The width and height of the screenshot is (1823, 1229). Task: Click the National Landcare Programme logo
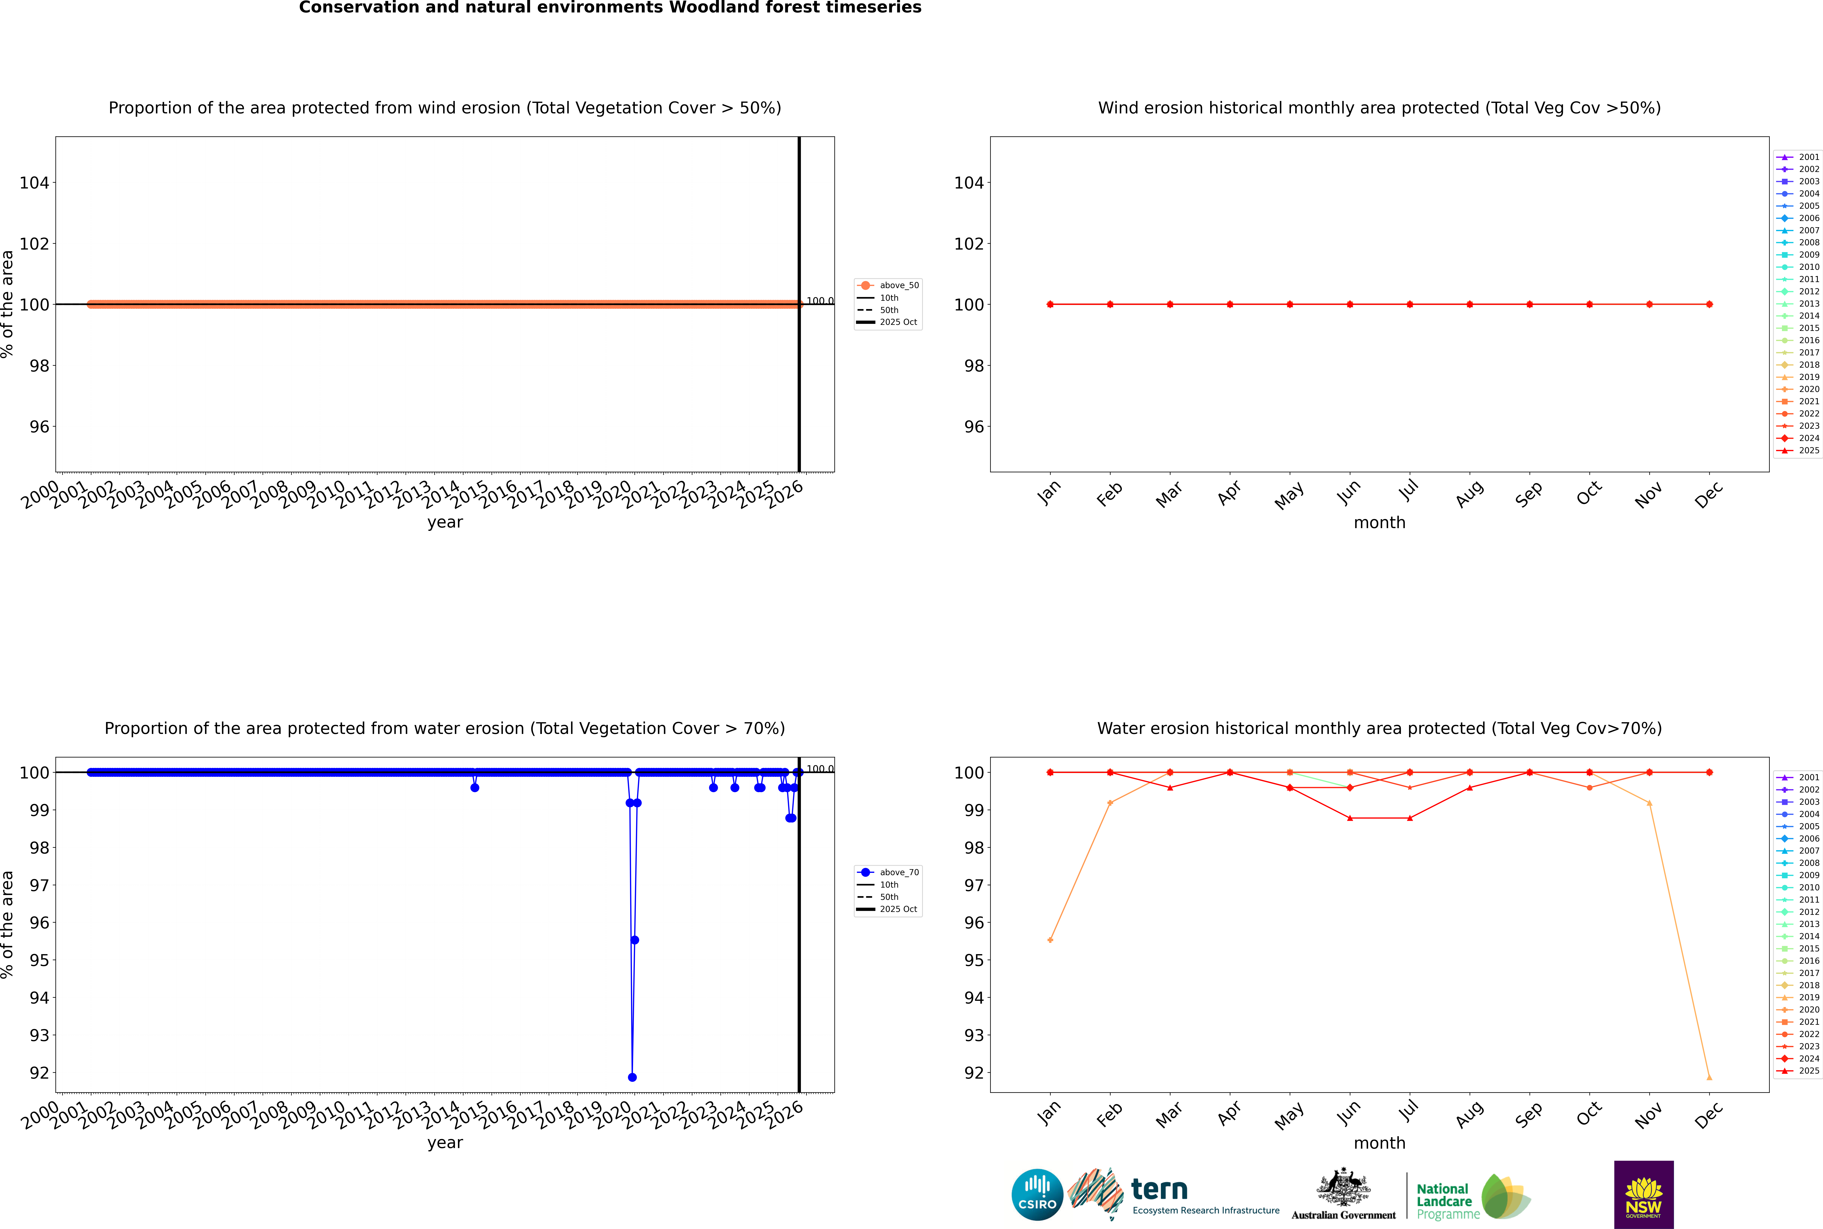click(1472, 1197)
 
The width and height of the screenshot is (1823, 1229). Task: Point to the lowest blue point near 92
click(632, 1077)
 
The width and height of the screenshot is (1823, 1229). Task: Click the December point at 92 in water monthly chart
click(1709, 1078)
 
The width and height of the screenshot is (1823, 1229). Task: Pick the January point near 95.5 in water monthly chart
click(1050, 940)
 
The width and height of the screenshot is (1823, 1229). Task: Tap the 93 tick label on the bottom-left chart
click(39, 1035)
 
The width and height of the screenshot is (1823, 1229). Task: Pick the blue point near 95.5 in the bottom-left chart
click(635, 940)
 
